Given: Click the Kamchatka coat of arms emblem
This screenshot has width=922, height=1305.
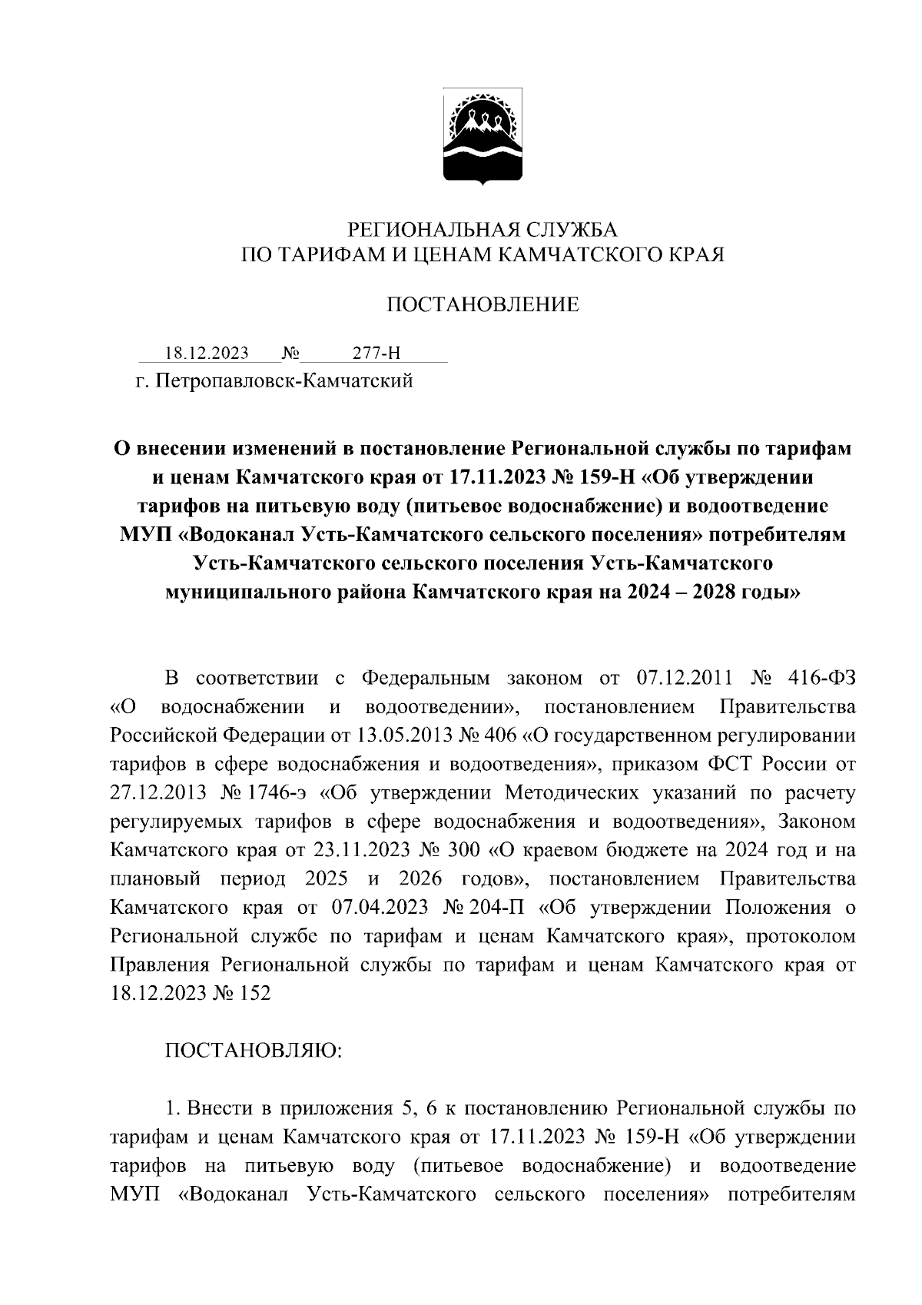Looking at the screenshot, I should coord(483,138).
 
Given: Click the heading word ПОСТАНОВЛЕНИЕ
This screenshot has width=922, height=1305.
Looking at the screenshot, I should coord(482,306).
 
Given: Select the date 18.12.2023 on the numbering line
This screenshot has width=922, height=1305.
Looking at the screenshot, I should coord(207,354).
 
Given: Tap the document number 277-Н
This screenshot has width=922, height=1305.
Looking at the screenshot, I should coord(376,354).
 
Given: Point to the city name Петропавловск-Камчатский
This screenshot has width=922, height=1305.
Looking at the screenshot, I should coord(284,381).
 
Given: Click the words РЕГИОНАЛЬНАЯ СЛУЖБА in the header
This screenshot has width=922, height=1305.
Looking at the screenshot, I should coord(483,230).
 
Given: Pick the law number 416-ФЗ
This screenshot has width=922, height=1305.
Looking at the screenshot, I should coord(822,679).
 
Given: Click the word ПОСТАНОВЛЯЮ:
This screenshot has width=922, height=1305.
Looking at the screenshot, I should coord(254,1051).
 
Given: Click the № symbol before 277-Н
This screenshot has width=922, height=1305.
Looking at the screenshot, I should coord(290,354).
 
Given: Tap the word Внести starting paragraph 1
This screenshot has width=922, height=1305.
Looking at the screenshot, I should coord(221,1108).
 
